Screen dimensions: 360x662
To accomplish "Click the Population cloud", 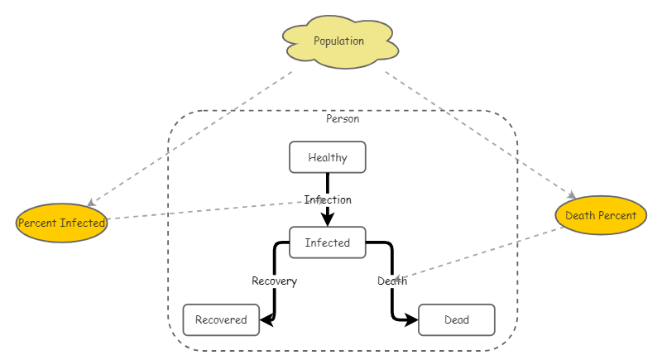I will [339, 41].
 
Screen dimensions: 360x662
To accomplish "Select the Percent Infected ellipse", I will [62, 223].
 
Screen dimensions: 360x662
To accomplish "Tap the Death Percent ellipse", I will [600, 216].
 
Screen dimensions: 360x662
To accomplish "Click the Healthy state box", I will [327, 157].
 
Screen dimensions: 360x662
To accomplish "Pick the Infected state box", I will [327, 242].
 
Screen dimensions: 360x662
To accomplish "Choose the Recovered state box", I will [221, 320].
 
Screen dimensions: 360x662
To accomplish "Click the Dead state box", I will [456, 320].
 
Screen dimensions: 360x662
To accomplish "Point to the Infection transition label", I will [328, 199].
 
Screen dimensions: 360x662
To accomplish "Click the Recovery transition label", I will [274, 281].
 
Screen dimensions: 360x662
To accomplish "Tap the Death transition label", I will [391, 281].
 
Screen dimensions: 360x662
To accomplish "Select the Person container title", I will [343, 119].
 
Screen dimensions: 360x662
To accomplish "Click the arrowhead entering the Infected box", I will [328, 220].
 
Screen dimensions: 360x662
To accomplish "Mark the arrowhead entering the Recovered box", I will [266, 318].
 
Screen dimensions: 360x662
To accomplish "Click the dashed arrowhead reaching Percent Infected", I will [91, 204].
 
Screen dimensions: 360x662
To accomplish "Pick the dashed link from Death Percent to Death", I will [480, 252].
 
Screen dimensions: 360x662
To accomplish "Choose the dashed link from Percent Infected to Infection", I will [207, 210].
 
